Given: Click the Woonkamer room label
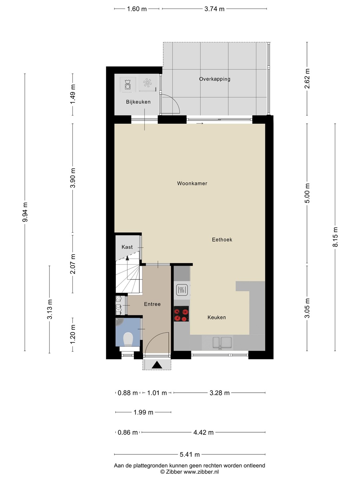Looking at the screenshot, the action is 192,183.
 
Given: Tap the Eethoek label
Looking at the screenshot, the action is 222,239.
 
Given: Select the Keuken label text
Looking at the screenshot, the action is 217,317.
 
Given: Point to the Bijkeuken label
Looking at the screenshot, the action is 138,102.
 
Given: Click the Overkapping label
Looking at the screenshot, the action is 214,79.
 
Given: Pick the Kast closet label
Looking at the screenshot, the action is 127,247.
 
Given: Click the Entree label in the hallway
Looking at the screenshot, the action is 152,304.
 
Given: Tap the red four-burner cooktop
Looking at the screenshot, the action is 181,314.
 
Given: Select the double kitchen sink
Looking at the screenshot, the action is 222,342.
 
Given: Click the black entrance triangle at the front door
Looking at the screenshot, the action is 157,365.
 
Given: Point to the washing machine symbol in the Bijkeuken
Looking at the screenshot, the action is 127,84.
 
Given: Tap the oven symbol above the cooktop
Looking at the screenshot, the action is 182,290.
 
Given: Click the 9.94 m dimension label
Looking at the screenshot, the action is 25,212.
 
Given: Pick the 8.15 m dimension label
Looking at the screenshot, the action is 335,237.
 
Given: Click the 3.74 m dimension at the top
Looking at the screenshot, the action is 214,9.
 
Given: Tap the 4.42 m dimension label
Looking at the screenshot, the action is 203,432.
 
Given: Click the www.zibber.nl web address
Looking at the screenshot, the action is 201,472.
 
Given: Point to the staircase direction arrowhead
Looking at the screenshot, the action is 127,258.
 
